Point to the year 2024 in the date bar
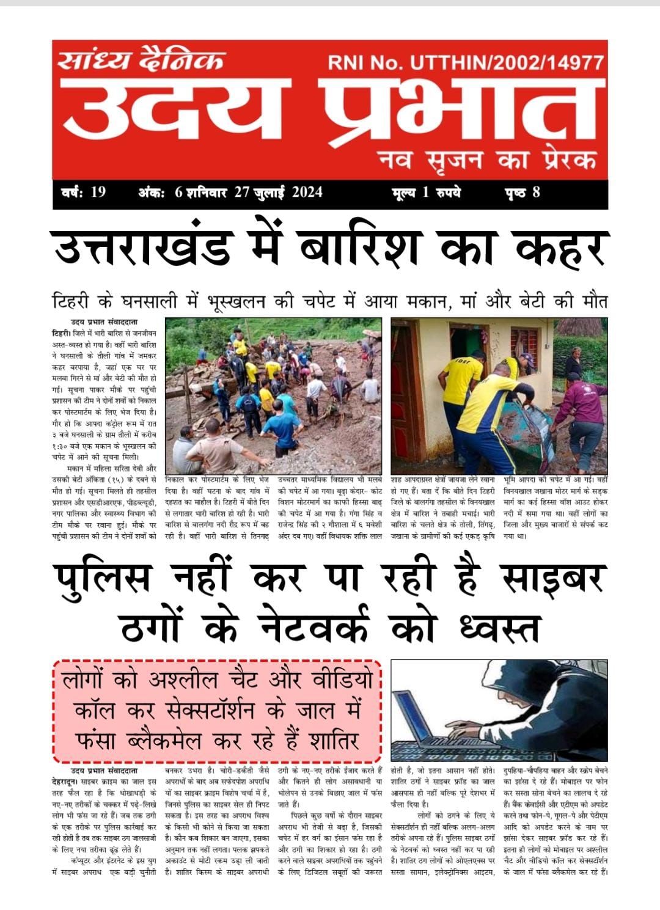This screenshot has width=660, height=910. click(307, 192)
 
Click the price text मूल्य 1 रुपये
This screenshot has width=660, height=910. click(427, 193)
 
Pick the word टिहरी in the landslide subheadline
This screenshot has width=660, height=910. click(71, 302)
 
